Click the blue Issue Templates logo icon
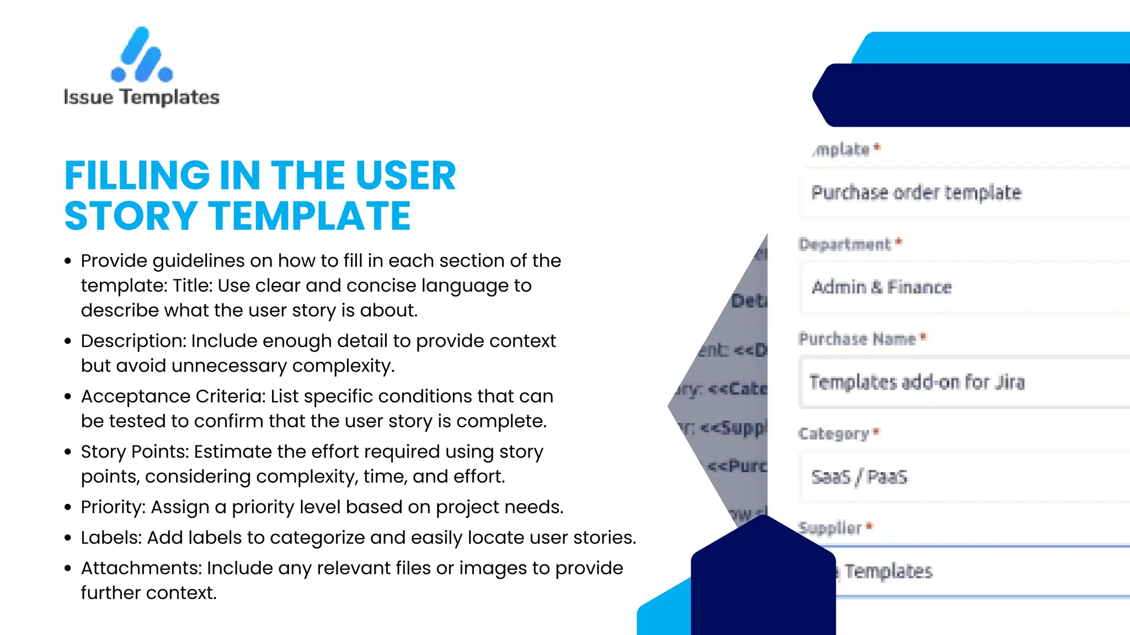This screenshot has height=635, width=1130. click(142, 55)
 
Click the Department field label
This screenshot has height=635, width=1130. click(844, 244)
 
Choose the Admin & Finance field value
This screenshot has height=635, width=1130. click(881, 287)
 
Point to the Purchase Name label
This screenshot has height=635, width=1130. click(857, 338)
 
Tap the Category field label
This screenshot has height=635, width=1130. click(833, 434)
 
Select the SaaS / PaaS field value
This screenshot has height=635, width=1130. click(859, 477)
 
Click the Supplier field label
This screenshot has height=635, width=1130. click(830, 528)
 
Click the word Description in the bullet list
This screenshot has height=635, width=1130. click(133, 341)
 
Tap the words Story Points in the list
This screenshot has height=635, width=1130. click(134, 452)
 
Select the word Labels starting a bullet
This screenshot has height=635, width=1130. click(111, 537)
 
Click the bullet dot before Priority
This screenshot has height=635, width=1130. click(68, 507)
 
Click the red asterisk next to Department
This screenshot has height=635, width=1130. click(899, 242)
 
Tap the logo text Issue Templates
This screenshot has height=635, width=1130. click(142, 97)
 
